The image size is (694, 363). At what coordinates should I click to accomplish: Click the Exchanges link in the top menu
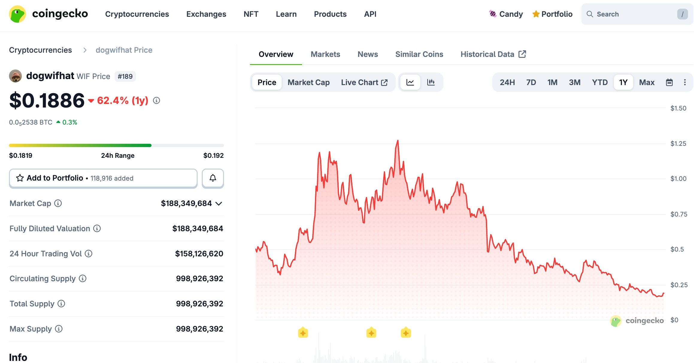206,14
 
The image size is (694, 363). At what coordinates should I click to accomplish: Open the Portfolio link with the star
552,14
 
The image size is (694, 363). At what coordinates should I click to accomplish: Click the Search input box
632,14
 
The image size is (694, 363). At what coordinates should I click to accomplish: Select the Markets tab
325,54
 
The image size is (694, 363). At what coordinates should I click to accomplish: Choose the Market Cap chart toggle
308,82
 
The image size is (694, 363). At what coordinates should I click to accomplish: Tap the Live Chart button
364,82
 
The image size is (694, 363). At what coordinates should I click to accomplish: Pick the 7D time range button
531,82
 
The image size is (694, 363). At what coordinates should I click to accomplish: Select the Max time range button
647,82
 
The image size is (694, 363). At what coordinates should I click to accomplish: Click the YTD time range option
599,82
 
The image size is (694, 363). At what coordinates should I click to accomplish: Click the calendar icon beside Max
669,82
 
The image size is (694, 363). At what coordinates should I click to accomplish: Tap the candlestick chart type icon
431,82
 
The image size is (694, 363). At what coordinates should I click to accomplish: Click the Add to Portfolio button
103,178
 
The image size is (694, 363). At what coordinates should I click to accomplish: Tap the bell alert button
213,178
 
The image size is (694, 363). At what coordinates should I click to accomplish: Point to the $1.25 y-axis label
678,143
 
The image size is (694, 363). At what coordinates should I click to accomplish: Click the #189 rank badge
125,76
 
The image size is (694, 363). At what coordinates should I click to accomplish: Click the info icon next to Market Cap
58,203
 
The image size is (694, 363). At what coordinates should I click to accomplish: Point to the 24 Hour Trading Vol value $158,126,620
199,254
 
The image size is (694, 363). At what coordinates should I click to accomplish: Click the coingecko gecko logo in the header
17,14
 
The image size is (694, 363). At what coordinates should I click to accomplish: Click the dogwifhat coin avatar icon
15,76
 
